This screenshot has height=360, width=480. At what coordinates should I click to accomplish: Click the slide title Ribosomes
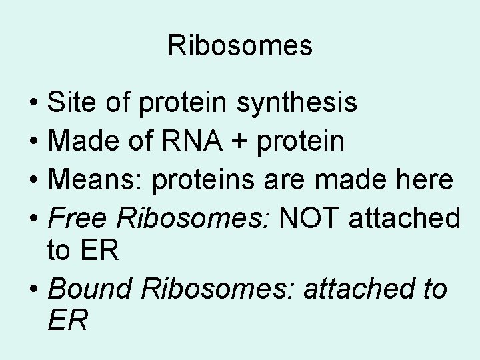pyautogui.click(x=240, y=46)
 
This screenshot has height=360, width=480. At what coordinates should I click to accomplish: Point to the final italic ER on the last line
pyautogui.click(x=67, y=321)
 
